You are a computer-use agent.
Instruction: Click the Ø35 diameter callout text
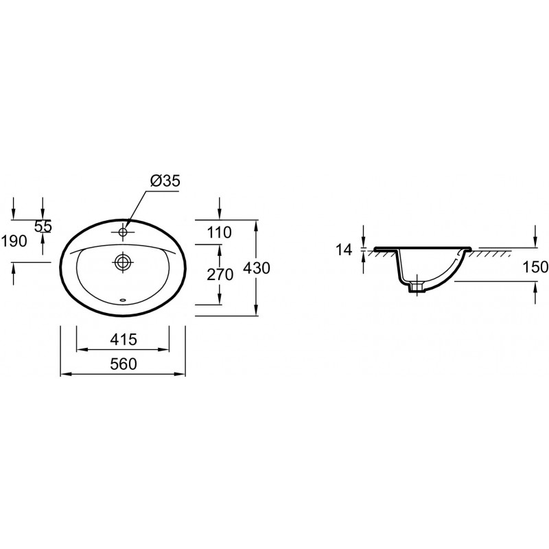click(x=165, y=181)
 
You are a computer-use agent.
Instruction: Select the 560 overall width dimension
click(x=124, y=364)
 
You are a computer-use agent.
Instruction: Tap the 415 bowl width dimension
click(x=124, y=339)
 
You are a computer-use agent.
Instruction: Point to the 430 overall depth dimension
click(x=257, y=268)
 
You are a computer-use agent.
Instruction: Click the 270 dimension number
click(x=220, y=275)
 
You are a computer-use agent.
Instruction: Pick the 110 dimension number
click(x=219, y=233)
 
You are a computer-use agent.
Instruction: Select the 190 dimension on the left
click(x=14, y=241)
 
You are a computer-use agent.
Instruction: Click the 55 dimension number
click(x=43, y=226)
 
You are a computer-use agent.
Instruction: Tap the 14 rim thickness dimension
click(x=344, y=250)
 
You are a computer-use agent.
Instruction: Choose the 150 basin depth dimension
click(x=535, y=267)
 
